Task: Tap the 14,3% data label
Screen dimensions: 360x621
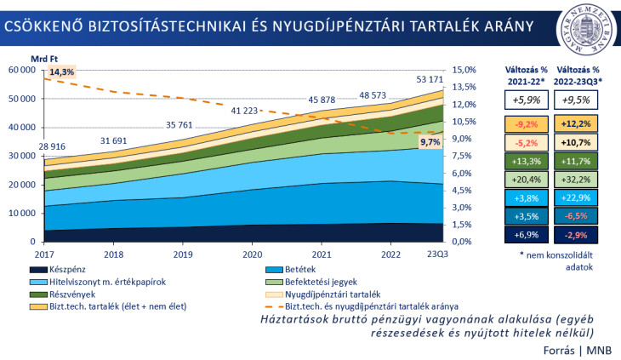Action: tap(61, 72)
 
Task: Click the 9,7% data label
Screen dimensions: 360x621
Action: tap(430, 142)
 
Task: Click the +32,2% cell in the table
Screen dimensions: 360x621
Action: tap(578, 180)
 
